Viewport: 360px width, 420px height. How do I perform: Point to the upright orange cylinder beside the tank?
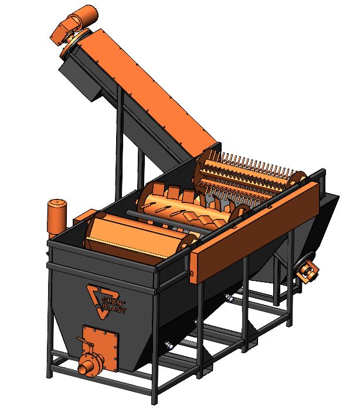pos(57,218)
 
